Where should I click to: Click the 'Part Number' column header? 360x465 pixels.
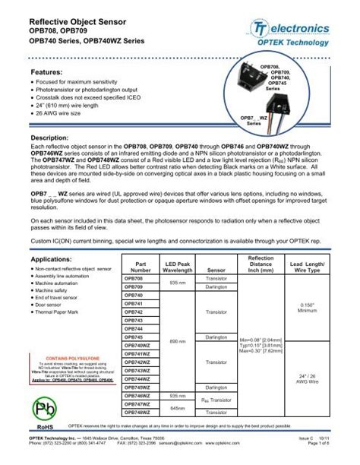141,266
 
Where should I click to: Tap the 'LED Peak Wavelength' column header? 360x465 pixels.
179,266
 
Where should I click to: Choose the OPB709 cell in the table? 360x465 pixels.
133,286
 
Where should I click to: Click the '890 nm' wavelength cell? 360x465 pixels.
179,341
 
